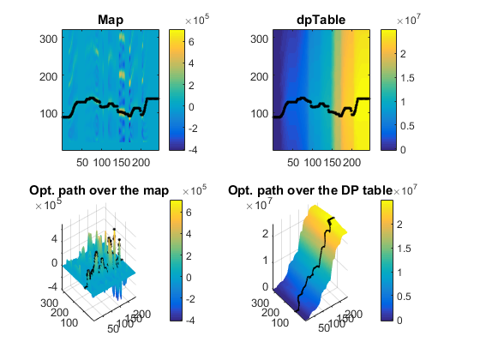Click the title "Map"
coord(111,20)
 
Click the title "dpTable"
coord(321,20)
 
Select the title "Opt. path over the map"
coord(99,190)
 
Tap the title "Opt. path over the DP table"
coord(310,190)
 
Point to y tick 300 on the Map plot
coord(48,39)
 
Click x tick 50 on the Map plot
coord(82,162)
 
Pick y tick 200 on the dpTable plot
coord(259,76)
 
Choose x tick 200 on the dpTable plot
coord(351,162)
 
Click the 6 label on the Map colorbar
coord(191,42)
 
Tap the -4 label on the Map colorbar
coord(193,150)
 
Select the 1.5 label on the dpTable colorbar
coord(407,78)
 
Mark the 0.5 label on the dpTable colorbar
coord(407,126)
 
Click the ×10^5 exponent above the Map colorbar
coord(197,20)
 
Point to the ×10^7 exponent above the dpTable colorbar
coord(409,20)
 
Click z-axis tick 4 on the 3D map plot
coord(54,238)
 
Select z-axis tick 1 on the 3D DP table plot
coord(265,261)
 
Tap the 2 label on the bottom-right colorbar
coord(399,225)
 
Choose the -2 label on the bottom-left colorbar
coord(190,299)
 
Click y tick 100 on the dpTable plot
coord(259,114)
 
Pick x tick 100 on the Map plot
coord(102,162)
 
